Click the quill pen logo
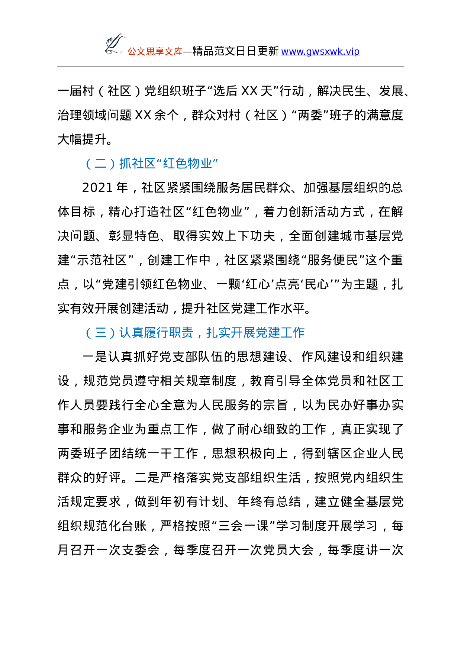[114, 44]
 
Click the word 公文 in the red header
[136, 52]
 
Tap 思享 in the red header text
[155, 52]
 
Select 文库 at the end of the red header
[174, 52]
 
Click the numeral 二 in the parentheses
[101, 164]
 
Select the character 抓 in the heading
[125, 164]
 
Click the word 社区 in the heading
[144, 164]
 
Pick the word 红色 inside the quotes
[175, 164]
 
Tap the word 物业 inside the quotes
[200, 164]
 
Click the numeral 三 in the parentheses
[101, 333]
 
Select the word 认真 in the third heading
[131, 333]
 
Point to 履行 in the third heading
[156, 333]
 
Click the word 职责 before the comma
[181, 333]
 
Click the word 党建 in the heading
[268, 333]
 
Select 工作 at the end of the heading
[293, 333]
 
